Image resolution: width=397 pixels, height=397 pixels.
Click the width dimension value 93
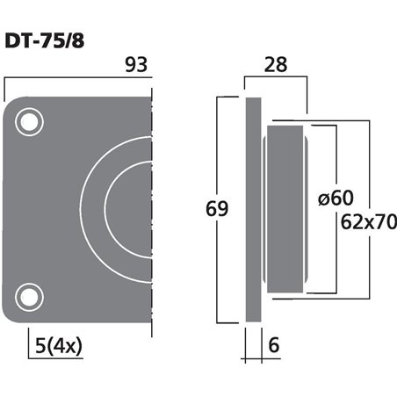point(136,65)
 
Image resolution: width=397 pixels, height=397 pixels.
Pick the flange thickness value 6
point(273,346)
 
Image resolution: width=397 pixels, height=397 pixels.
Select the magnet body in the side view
point(285,209)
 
